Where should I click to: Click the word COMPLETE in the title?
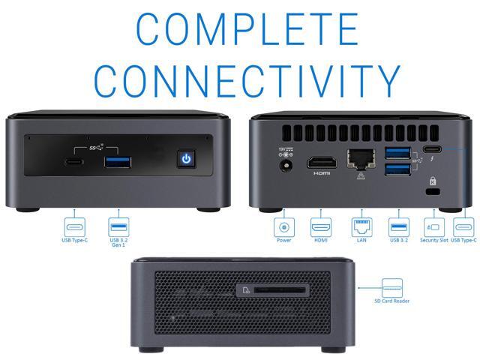[x=239, y=28]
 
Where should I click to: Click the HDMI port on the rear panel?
[x=322, y=161]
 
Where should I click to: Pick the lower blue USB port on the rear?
[x=395, y=171]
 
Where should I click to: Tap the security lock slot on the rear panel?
[x=430, y=192]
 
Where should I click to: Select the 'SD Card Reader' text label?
[x=392, y=301]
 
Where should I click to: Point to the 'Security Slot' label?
[x=433, y=241]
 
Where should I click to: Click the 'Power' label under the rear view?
[x=284, y=241]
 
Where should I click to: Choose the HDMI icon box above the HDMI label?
[x=321, y=226]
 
